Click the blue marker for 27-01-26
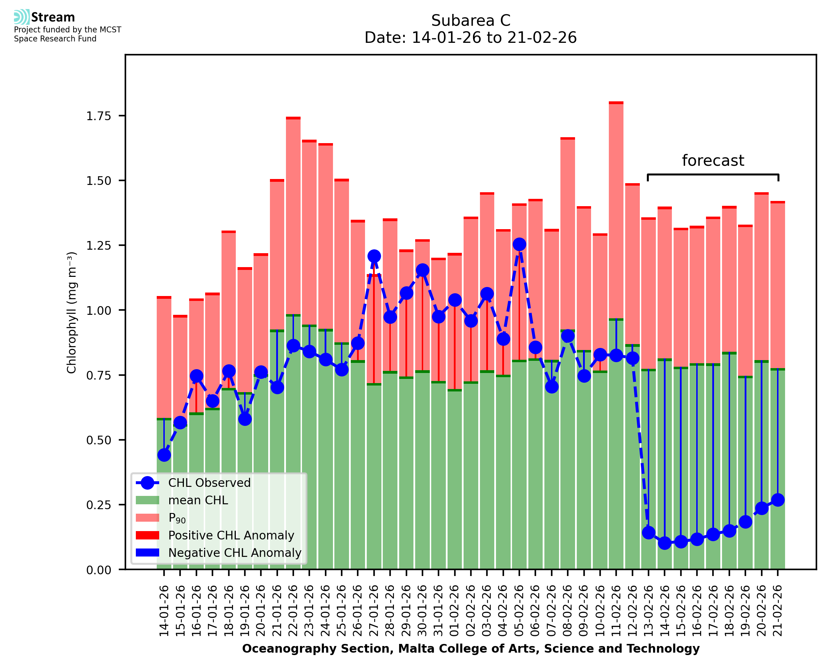point(374,256)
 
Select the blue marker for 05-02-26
point(519,244)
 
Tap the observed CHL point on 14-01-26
point(164,455)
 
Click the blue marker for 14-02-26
point(664,543)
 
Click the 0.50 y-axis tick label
point(98,440)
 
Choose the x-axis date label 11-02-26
point(616,611)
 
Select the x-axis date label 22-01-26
point(293,611)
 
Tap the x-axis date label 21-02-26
point(778,611)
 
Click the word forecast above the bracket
point(713,160)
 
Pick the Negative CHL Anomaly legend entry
point(234,553)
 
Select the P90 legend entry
point(177,518)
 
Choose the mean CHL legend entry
point(198,500)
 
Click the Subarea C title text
point(471,21)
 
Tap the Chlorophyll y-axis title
point(72,312)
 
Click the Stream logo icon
point(21,17)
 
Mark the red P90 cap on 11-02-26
point(616,103)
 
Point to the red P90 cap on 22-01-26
point(293,118)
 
